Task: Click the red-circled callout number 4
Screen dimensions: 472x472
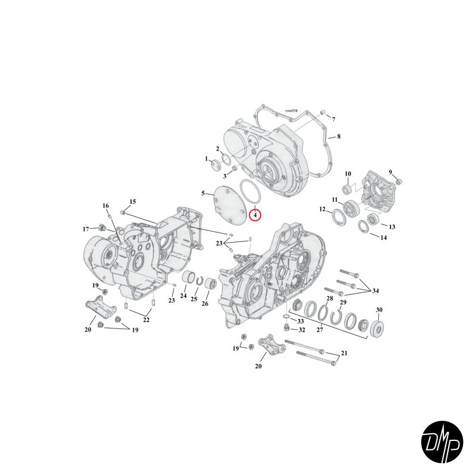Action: coord(255,214)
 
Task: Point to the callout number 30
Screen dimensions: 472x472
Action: coord(378,309)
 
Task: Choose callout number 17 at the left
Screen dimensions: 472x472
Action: coord(85,229)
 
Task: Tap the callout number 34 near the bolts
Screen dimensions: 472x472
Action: coord(375,291)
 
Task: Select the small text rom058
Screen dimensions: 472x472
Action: coord(291,111)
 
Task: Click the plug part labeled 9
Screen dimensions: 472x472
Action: coord(400,181)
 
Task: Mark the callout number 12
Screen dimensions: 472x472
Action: coord(322,209)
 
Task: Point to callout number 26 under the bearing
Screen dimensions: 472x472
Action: coord(205,303)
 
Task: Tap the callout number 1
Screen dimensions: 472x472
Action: coord(207,160)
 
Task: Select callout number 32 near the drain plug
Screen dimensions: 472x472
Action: coord(302,330)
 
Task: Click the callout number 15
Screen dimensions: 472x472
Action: coord(133,201)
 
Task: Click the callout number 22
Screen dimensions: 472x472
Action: coord(146,320)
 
